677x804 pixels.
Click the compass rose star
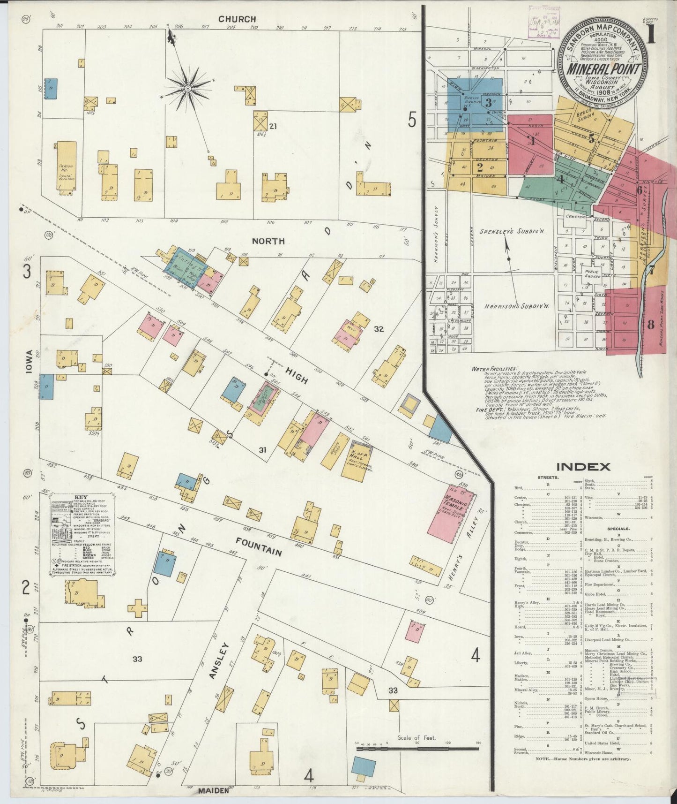coord(188,88)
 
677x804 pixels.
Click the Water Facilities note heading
coord(495,369)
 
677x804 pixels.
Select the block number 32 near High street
coord(379,329)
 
